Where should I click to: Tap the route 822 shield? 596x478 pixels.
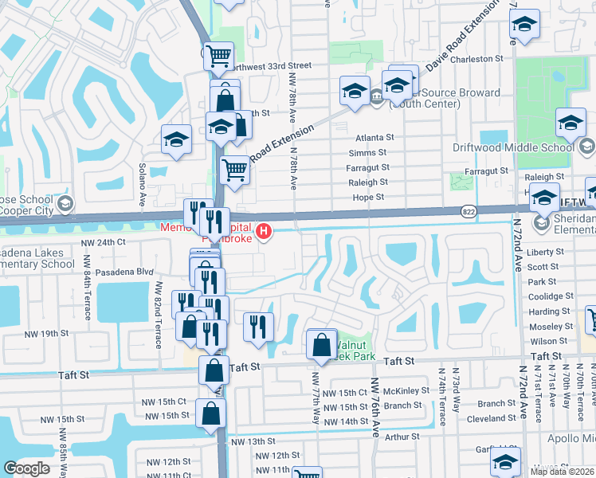(469, 210)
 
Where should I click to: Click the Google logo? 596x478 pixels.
(26, 468)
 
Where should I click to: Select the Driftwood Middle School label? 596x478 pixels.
(524, 147)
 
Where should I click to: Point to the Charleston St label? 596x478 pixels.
(477, 59)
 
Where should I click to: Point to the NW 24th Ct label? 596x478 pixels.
(103, 241)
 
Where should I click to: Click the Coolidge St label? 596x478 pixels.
(547, 297)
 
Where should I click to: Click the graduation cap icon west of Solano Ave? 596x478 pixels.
(176, 140)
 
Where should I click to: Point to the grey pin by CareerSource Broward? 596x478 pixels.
(375, 97)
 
